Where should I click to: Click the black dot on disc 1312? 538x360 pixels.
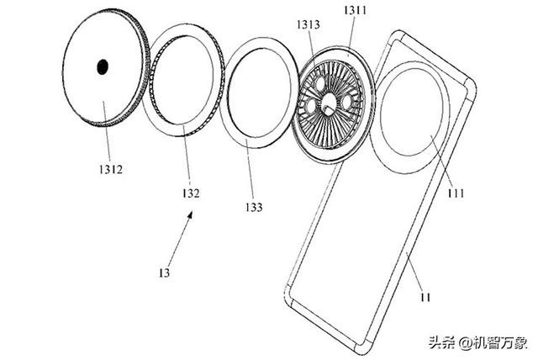(x=103, y=66)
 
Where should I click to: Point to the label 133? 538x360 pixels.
(x=253, y=206)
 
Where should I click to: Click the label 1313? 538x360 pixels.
(x=307, y=25)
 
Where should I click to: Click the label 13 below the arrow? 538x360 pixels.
(x=164, y=273)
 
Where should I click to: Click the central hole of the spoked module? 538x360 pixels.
(x=329, y=103)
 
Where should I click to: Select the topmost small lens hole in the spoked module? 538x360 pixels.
(x=320, y=82)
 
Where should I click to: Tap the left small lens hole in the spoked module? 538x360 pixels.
(x=310, y=105)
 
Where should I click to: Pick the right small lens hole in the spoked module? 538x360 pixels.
(x=346, y=101)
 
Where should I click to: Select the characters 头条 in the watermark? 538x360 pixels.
(x=440, y=342)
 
